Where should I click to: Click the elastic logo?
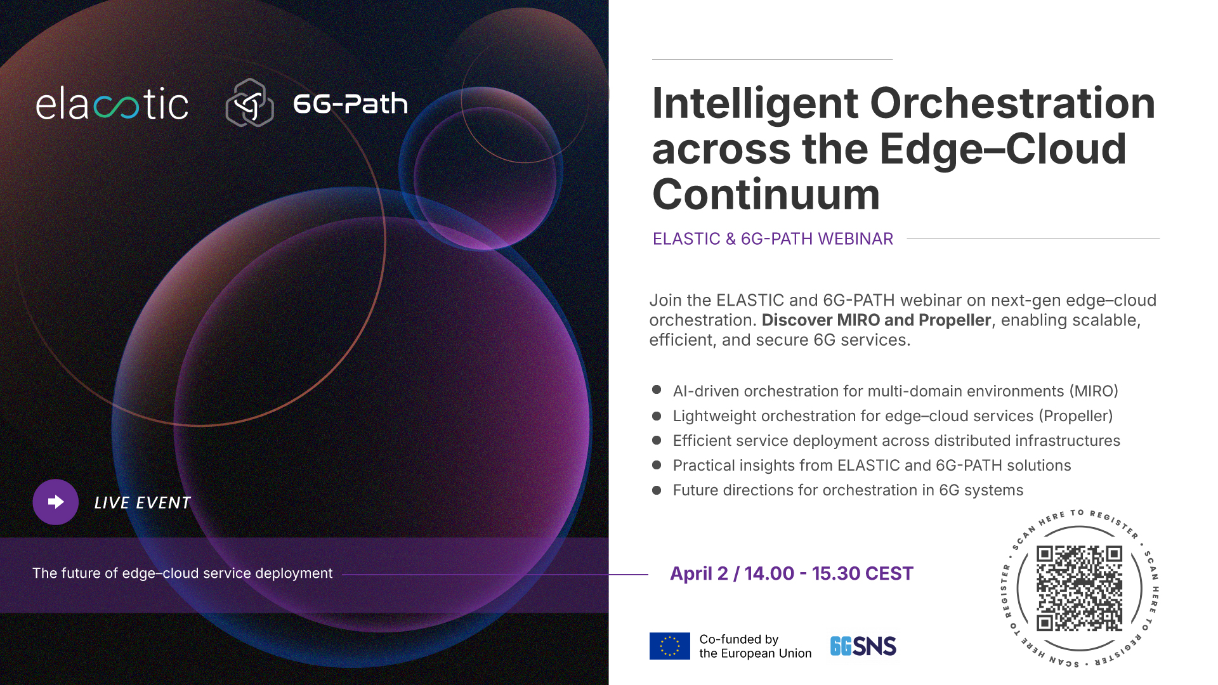[x=112, y=104]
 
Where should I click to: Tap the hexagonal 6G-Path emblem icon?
[x=250, y=103]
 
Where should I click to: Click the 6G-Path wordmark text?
[x=350, y=104]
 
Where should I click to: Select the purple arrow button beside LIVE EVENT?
[x=56, y=502]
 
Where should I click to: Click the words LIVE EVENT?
[x=143, y=503]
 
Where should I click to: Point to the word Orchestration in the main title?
[x=1012, y=103]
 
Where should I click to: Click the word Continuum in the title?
[x=766, y=195]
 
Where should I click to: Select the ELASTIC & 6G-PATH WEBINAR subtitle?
[x=773, y=239]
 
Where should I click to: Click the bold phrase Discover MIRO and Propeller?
[x=876, y=320]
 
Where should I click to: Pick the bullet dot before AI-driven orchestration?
[x=657, y=390]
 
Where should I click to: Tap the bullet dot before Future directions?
[x=657, y=490]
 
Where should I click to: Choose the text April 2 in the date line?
[x=699, y=573]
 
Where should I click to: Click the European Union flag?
[x=669, y=646]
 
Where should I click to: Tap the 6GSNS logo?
[x=863, y=646]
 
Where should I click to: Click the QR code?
[x=1079, y=588]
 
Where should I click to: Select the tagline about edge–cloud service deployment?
[x=183, y=573]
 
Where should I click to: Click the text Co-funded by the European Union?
[x=755, y=646]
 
